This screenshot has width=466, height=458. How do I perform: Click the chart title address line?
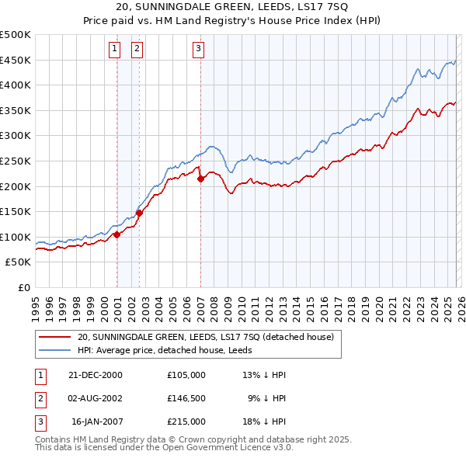(x=233, y=7)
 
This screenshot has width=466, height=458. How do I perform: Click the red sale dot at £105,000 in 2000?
(x=116, y=234)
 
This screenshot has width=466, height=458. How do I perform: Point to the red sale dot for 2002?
(x=139, y=213)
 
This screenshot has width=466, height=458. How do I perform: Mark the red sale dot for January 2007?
(x=200, y=179)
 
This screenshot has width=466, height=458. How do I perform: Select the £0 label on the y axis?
(x=24, y=287)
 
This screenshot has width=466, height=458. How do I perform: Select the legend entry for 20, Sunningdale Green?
(x=205, y=337)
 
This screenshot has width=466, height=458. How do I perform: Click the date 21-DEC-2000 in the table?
(x=96, y=375)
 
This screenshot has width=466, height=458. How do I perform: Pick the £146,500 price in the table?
(x=186, y=398)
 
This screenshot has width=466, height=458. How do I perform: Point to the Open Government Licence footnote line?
(x=165, y=448)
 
